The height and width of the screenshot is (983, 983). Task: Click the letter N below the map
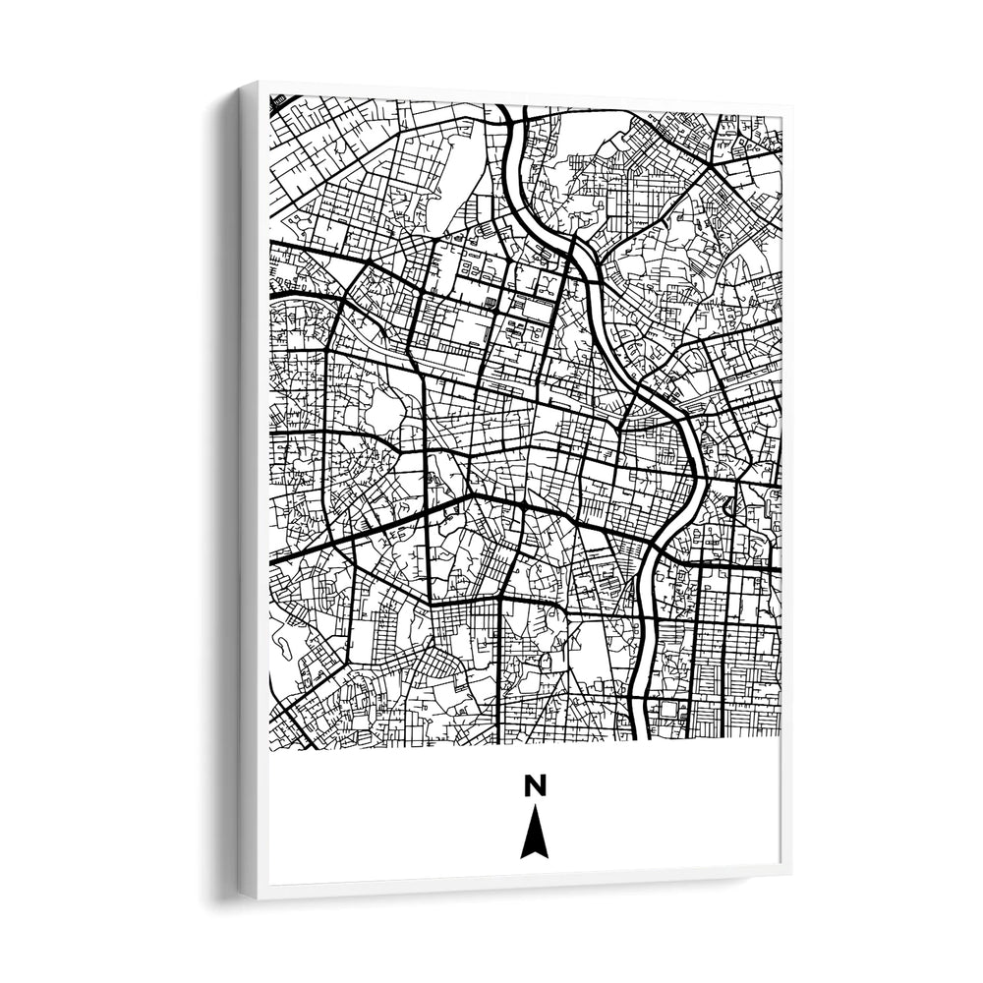[535, 785]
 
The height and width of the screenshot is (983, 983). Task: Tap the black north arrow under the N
[534, 834]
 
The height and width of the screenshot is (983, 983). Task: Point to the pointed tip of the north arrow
[534, 807]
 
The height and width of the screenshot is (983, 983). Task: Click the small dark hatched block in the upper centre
[491, 303]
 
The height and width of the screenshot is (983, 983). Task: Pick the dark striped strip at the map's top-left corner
[283, 100]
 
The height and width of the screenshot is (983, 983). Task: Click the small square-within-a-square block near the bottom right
[672, 706]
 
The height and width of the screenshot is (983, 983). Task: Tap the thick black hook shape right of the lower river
[729, 507]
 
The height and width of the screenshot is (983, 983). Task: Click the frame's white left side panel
[250, 491]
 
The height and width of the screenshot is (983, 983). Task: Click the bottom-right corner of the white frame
[789, 871]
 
